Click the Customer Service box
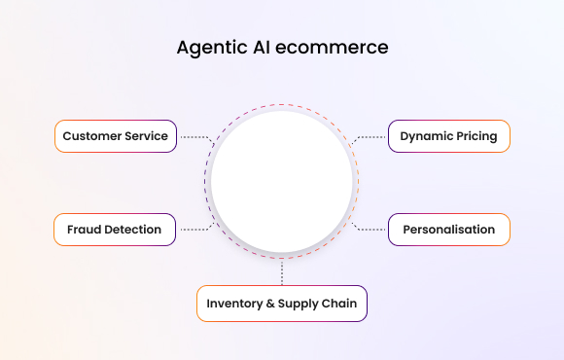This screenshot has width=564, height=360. point(116,136)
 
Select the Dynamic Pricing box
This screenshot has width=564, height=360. point(448,136)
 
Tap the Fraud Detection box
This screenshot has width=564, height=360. point(115,230)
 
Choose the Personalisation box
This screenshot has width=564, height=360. point(448,230)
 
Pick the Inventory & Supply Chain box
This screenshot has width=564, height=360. point(282,304)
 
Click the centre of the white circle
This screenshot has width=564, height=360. point(282,183)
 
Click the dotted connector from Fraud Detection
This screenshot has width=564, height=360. point(194,230)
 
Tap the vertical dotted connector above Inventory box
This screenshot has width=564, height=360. point(282,272)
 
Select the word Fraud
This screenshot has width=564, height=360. point(85,230)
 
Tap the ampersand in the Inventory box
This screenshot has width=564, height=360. point(271,304)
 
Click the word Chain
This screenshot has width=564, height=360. point(338,304)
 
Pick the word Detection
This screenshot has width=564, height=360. point(134,230)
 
